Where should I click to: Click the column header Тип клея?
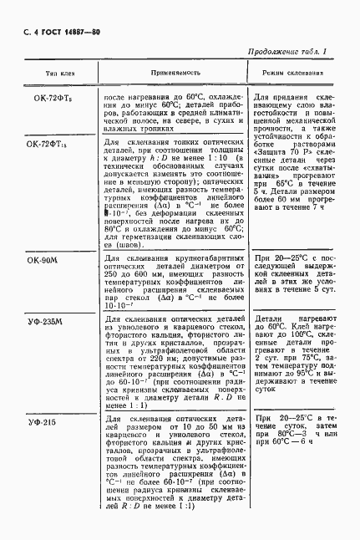click(x=46, y=73)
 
